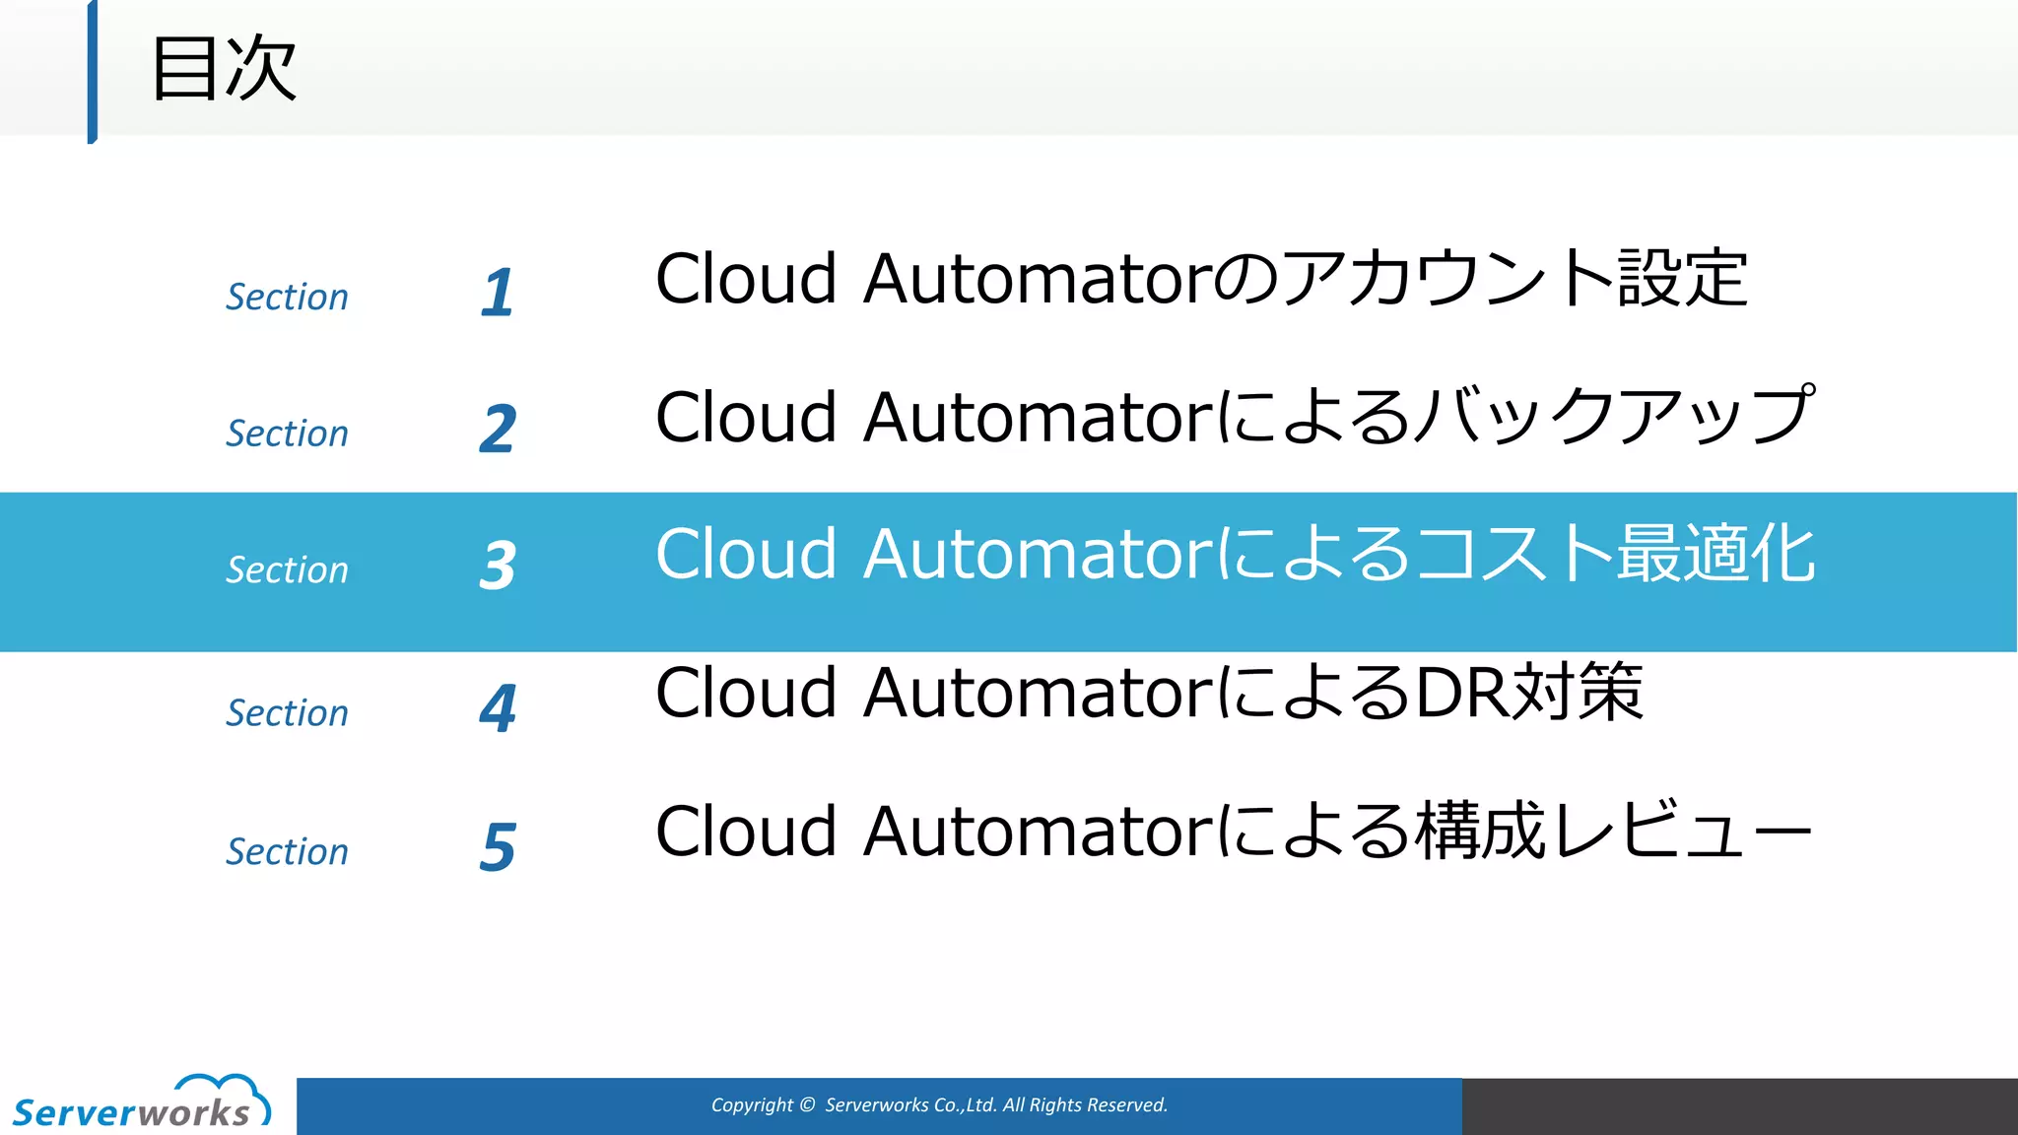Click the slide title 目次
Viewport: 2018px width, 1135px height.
pos(224,68)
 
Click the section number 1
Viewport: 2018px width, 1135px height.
pos(498,293)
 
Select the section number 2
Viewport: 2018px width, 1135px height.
pos(498,429)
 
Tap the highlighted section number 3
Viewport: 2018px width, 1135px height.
pos(498,566)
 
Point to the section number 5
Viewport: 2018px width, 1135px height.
pos(498,846)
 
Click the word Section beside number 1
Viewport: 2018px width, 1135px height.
pos(287,297)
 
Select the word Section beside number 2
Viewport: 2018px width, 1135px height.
pos(287,433)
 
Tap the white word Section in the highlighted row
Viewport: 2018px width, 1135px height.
pos(287,569)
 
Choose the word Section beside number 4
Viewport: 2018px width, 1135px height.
pos(287,712)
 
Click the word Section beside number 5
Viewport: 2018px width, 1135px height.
pos(287,851)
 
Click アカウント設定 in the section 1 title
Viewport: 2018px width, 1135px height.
pos(1515,278)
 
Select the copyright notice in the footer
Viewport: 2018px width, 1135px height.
pos(939,1105)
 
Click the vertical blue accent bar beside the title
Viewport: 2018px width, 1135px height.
pos(93,71)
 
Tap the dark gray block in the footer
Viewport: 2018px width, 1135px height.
pos(1739,1105)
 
